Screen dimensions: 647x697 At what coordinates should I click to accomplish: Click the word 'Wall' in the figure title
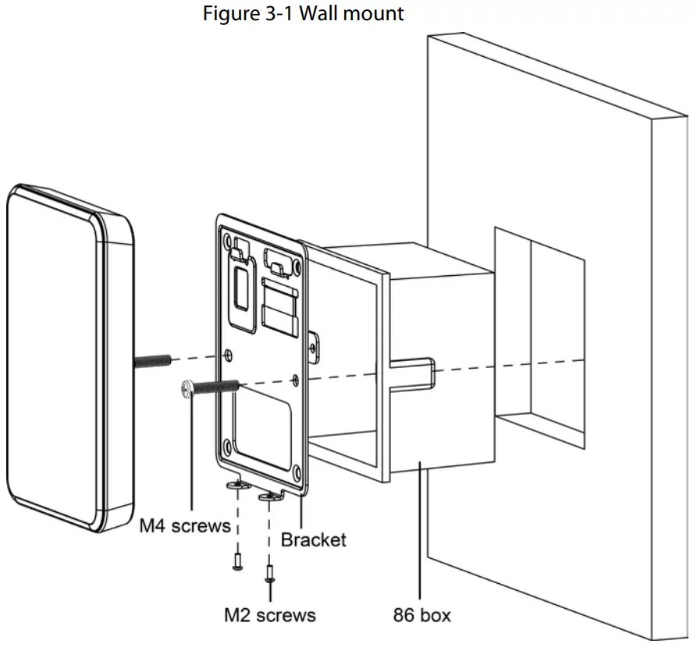[300, 14]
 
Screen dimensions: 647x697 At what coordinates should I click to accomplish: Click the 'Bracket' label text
[313, 539]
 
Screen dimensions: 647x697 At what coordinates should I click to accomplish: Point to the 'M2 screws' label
[270, 615]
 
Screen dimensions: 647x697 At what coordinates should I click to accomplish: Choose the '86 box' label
[421, 615]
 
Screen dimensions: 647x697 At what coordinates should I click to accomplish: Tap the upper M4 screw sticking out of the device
[155, 361]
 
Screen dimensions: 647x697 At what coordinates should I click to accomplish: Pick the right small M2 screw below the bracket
[270, 575]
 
